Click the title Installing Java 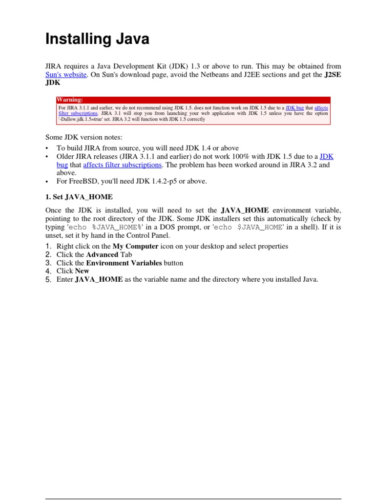tap(97, 39)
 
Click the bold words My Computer tap(135, 246)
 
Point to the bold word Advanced tap(102, 254)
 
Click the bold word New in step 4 tap(82, 271)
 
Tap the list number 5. tap(48, 279)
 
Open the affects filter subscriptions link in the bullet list tap(123, 165)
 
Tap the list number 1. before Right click tap(48, 246)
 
